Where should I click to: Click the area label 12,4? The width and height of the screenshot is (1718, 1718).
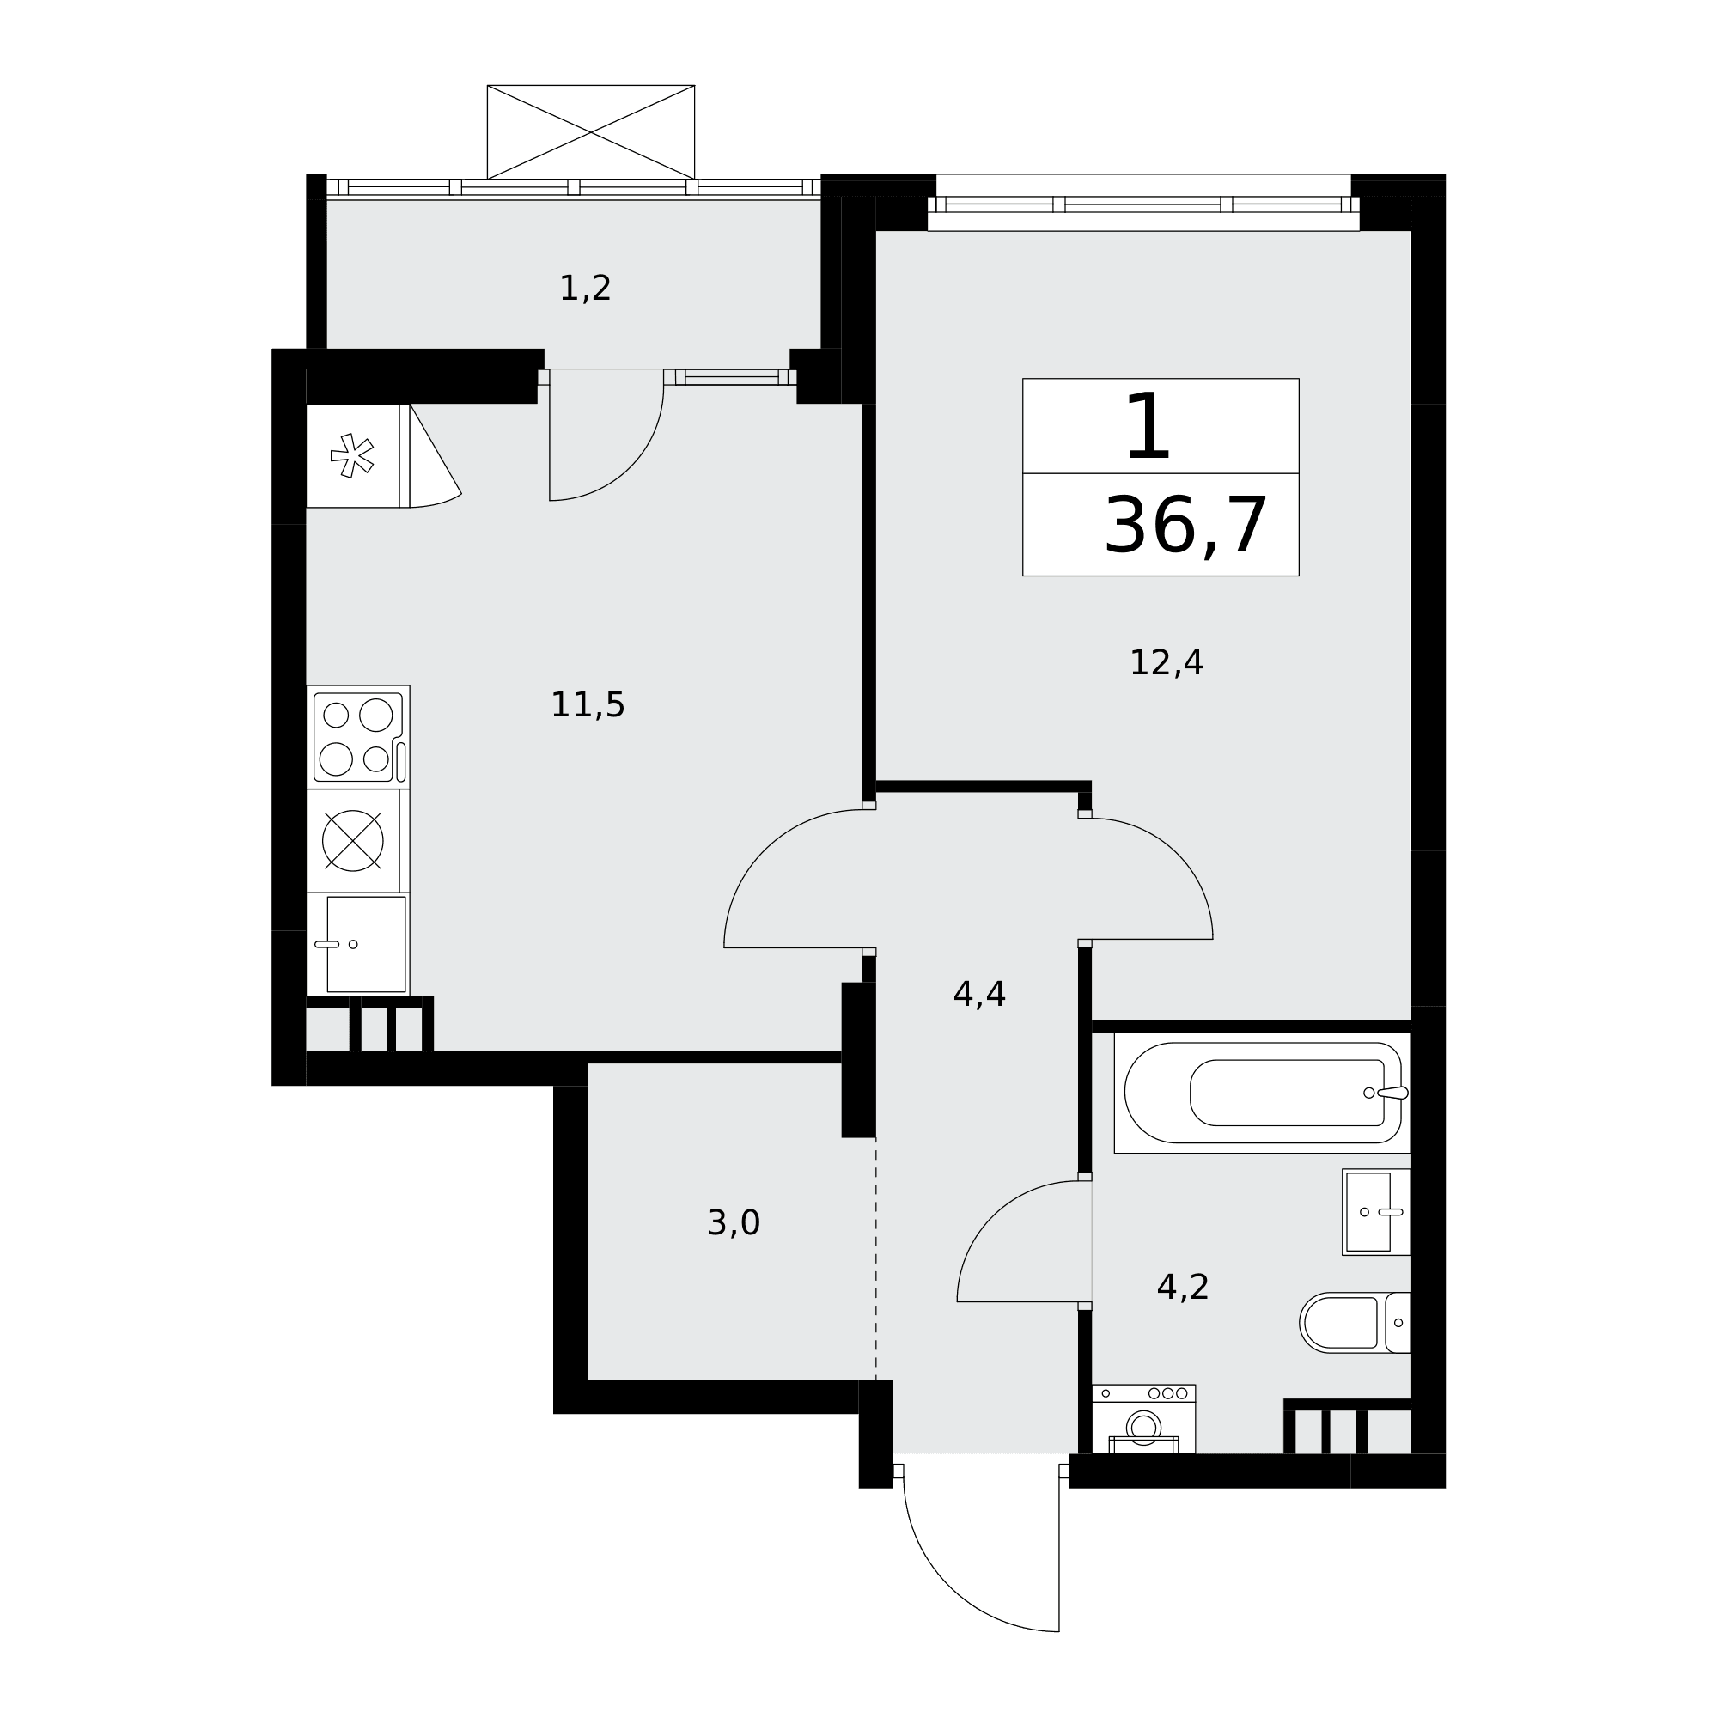click(1166, 663)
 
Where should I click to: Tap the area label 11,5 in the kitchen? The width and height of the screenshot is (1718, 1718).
click(588, 705)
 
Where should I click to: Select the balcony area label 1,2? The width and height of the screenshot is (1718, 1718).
click(585, 288)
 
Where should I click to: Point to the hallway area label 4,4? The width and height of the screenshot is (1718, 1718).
click(979, 994)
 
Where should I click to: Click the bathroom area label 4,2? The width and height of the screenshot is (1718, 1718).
click(1183, 1287)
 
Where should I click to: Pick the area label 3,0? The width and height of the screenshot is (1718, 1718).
click(734, 1222)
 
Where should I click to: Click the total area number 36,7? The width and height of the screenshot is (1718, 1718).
click(1185, 527)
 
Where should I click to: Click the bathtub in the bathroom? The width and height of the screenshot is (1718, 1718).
click(1263, 1093)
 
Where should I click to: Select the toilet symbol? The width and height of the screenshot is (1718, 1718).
click(1356, 1322)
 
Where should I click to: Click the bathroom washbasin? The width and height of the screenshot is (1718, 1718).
click(1376, 1212)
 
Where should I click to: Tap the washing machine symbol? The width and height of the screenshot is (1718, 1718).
click(1143, 1419)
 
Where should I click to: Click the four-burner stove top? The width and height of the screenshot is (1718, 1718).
click(358, 737)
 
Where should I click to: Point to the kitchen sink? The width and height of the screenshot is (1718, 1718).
click(358, 944)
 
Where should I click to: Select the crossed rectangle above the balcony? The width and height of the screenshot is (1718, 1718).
click(590, 132)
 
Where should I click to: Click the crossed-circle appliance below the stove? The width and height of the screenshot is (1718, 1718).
click(353, 840)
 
